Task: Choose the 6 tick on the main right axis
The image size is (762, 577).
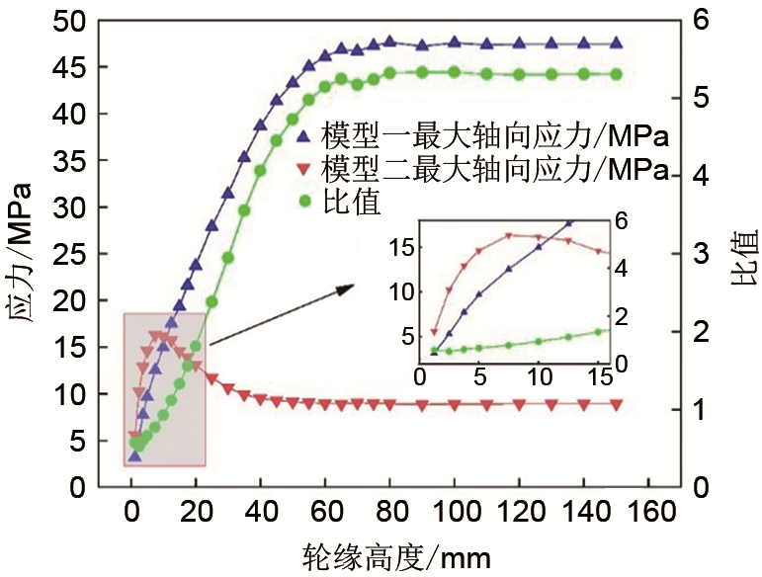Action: [x=700, y=22]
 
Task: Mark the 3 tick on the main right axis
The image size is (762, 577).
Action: [x=700, y=254]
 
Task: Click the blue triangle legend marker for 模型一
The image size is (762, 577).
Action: [x=304, y=132]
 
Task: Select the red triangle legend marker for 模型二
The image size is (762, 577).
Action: [x=304, y=165]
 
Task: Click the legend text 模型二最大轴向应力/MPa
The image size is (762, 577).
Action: [x=493, y=165]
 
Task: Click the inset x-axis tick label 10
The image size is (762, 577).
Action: [x=538, y=378]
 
